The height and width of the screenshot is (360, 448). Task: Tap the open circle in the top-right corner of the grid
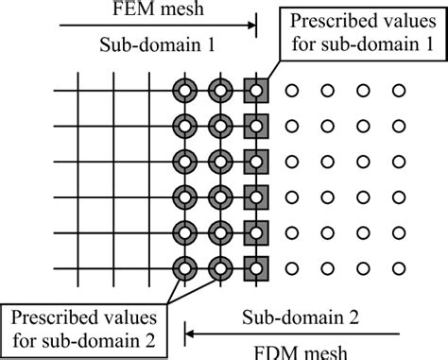pyautogui.click(x=399, y=92)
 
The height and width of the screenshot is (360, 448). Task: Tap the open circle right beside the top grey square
pyautogui.click(x=291, y=92)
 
